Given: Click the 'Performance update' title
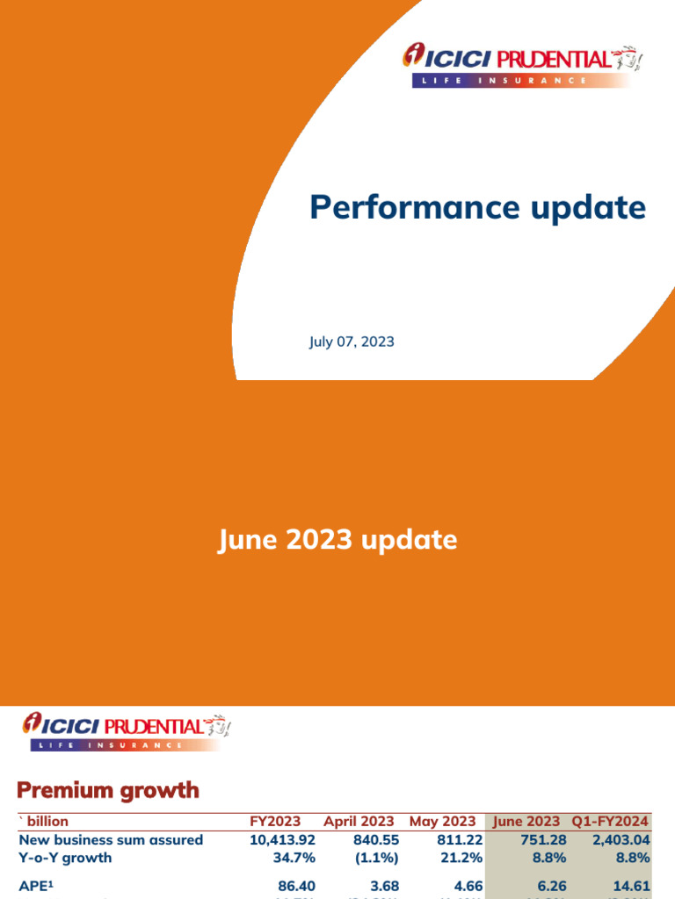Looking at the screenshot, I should [x=477, y=208].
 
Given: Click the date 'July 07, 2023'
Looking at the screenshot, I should [x=352, y=342].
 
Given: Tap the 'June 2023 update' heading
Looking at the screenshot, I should [x=337, y=539].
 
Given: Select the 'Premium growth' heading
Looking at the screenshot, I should [x=108, y=790].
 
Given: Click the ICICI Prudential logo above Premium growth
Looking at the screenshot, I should [x=125, y=732].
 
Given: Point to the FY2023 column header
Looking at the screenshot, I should [x=275, y=822].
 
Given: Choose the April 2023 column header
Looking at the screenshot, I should [x=359, y=822].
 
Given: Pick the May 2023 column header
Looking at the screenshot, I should [x=442, y=822].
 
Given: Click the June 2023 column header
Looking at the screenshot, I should [x=526, y=822].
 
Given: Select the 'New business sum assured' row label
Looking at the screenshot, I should [x=111, y=840].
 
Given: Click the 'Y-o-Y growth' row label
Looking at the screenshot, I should [x=65, y=858].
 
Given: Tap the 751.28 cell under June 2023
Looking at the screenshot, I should [x=542, y=840].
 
